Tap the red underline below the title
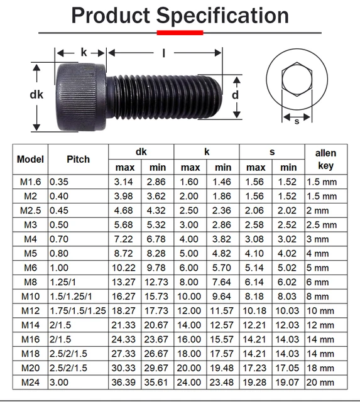(x=180, y=32)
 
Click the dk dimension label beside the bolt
(x=36, y=95)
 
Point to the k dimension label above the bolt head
(x=84, y=53)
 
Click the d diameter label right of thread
(x=235, y=95)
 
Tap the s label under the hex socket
(x=297, y=121)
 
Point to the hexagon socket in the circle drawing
(x=297, y=80)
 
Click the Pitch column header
(x=78, y=160)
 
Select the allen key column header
(x=325, y=160)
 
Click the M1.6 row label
(x=31, y=182)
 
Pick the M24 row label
(x=31, y=381)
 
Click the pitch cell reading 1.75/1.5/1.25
(x=78, y=310)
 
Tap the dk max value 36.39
(x=124, y=381)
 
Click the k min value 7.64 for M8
(x=223, y=281)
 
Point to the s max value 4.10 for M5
(x=256, y=253)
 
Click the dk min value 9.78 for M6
(x=157, y=268)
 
